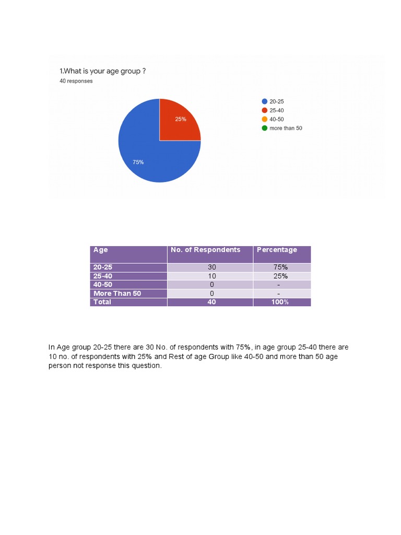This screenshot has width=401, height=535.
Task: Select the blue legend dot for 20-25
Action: pyautogui.click(x=265, y=101)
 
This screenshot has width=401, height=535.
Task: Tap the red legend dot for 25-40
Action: pyautogui.click(x=265, y=110)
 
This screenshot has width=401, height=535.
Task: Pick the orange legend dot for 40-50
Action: pyautogui.click(x=265, y=119)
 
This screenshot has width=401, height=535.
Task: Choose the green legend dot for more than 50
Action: pyautogui.click(x=265, y=128)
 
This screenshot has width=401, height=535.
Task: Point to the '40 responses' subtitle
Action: pyautogui.click(x=76, y=81)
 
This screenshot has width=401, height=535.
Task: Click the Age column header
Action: pyautogui.click(x=101, y=250)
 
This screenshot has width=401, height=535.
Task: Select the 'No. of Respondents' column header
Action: pyautogui.click(x=206, y=250)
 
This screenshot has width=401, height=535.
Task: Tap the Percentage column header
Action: pyautogui.click(x=277, y=250)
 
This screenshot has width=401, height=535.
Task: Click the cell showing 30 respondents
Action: pyautogui.click(x=211, y=267)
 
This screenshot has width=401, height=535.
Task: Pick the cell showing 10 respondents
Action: pyautogui.click(x=211, y=276)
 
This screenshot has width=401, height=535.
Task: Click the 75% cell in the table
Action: pyautogui.click(x=280, y=267)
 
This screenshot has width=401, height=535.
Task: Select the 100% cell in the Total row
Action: pyautogui.click(x=280, y=302)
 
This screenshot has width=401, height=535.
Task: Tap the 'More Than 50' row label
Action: pyautogui.click(x=117, y=294)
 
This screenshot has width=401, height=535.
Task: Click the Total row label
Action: pyautogui.click(x=102, y=302)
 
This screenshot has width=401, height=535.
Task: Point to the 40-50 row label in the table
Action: pyautogui.click(x=103, y=285)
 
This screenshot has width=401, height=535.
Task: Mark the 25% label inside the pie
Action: pyautogui.click(x=181, y=119)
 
